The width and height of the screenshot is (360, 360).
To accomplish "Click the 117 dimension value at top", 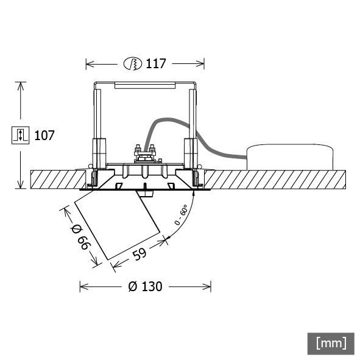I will click(x=156, y=63).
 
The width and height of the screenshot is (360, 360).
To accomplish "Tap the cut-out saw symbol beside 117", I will click(x=132, y=63).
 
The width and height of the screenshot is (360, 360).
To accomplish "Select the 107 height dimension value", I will click(x=44, y=135).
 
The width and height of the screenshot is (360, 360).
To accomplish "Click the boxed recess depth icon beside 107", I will click(x=21, y=135).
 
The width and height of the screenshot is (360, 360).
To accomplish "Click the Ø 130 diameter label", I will click(x=146, y=286).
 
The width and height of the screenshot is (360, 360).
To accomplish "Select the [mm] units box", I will click(x=331, y=343).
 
